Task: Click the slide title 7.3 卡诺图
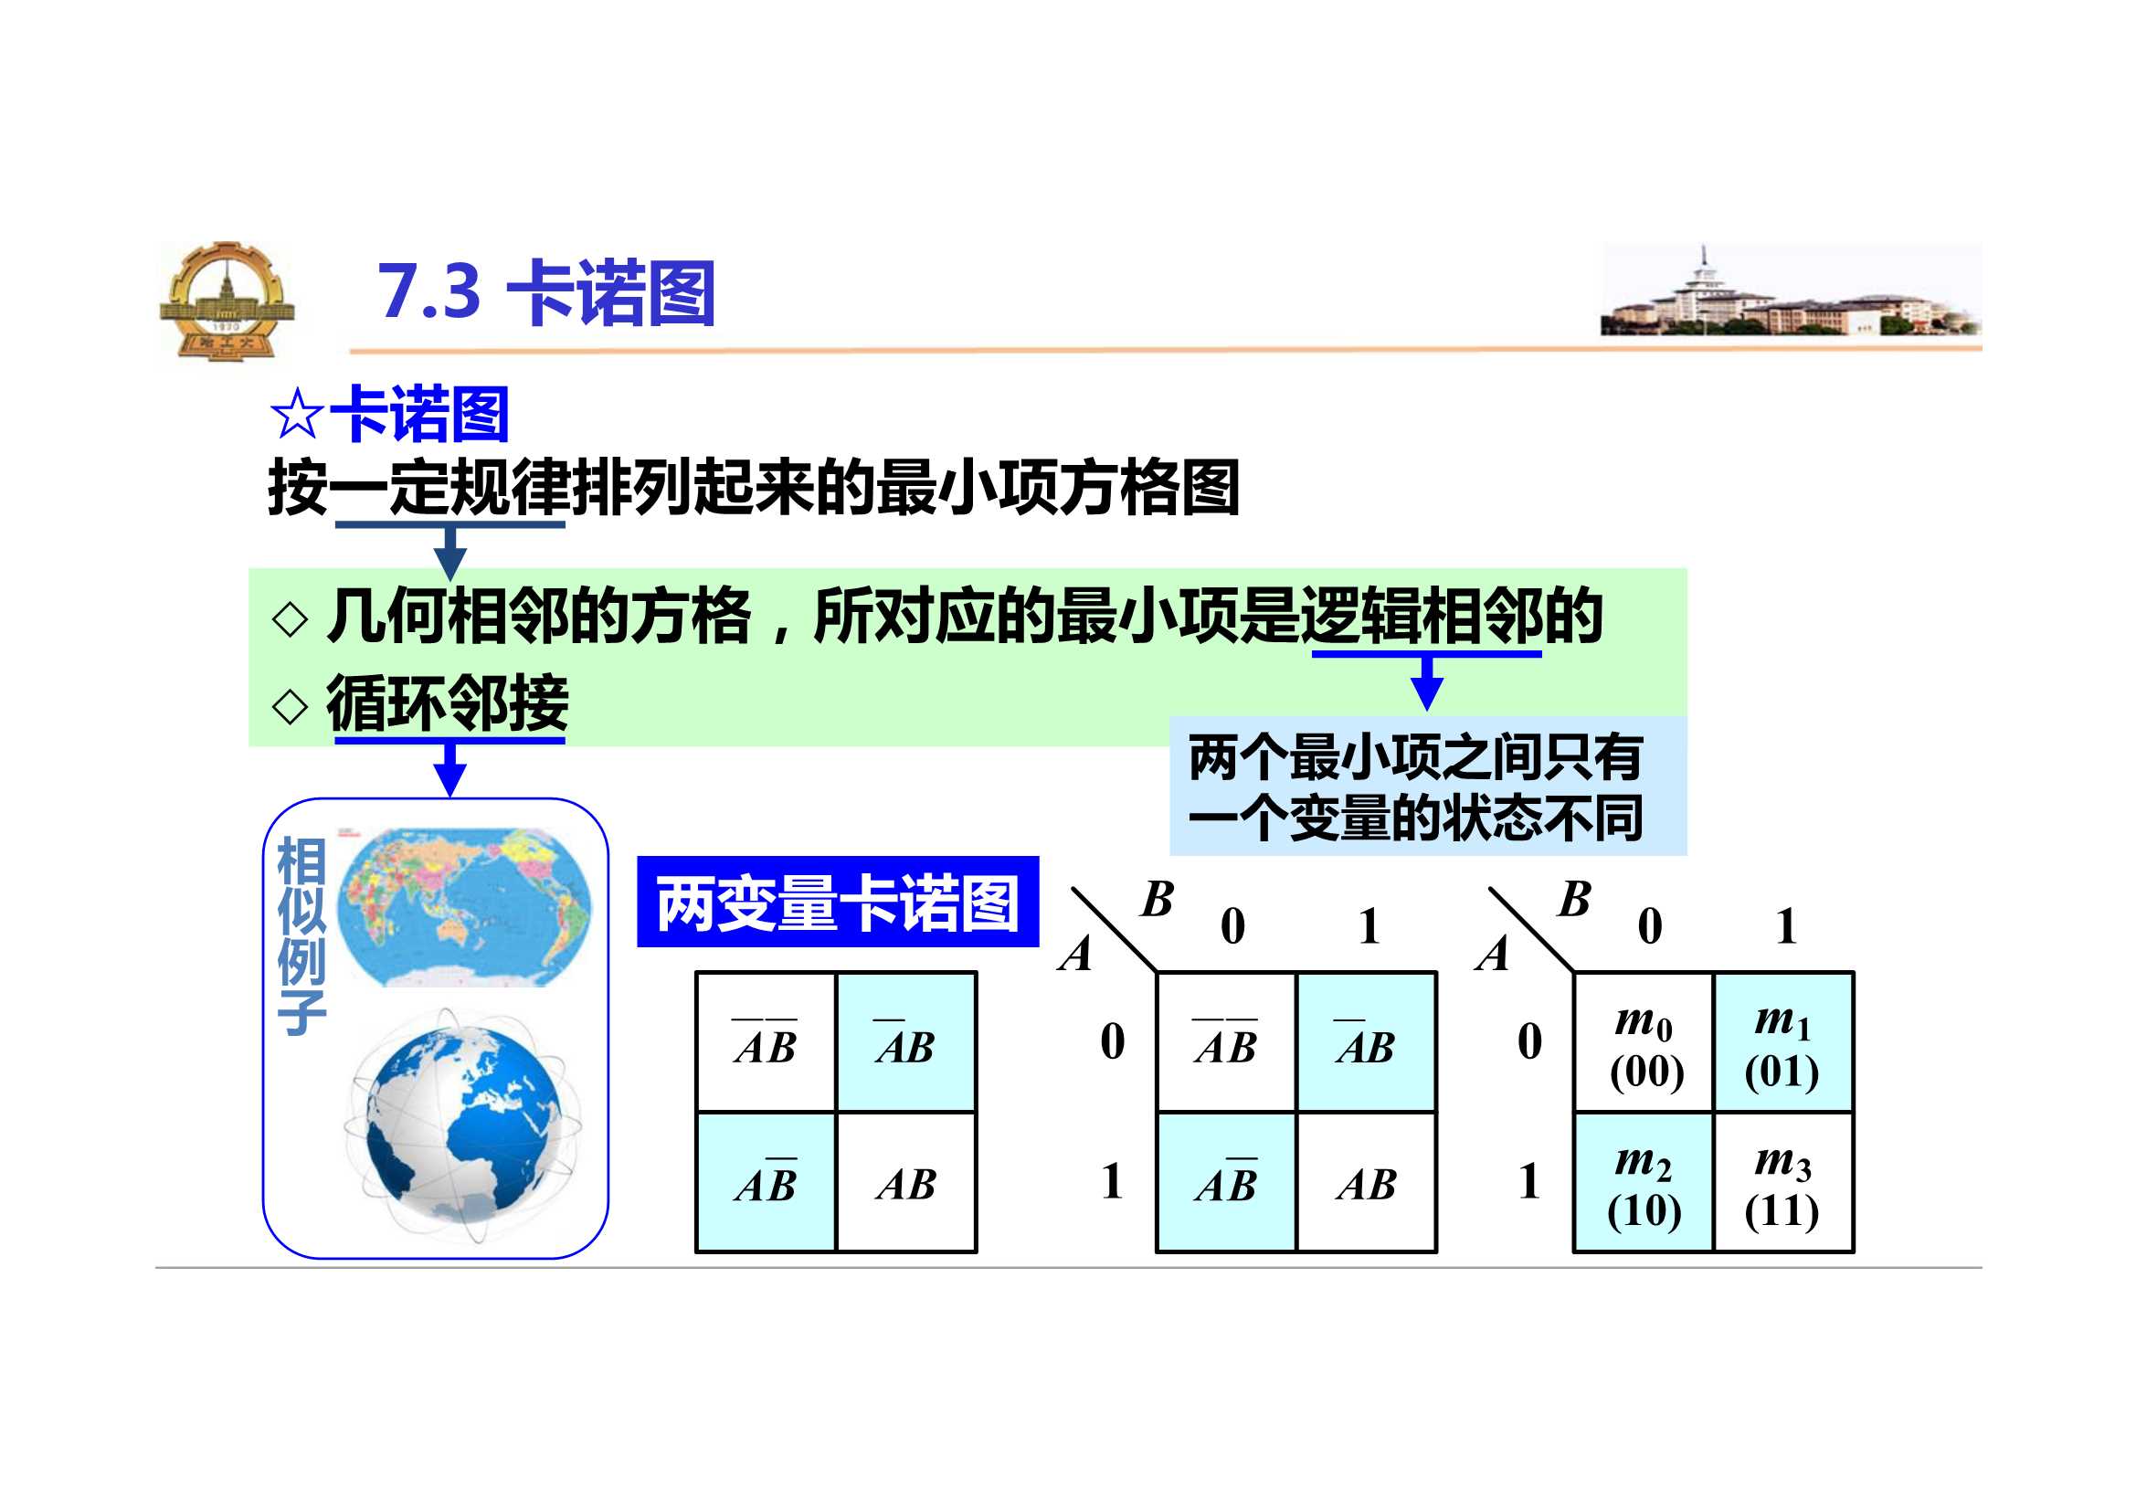click(546, 293)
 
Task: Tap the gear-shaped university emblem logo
click(226, 301)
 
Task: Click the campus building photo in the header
click(1790, 290)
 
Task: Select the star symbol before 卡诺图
click(297, 415)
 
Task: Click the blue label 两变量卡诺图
click(837, 902)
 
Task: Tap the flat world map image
click(463, 906)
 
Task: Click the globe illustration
click(462, 1125)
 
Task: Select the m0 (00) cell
click(1644, 1042)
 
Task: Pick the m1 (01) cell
click(1783, 1042)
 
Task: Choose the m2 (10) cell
click(1644, 1182)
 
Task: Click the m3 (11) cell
click(1783, 1182)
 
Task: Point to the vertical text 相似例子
click(301, 935)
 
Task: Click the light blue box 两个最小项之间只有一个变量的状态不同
click(1428, 787)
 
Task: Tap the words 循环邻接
click(448, 703)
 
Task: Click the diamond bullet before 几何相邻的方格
click(291, 618)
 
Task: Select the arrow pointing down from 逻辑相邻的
click(1427, 682)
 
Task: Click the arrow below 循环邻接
click(450, 768)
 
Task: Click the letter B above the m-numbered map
click(1575, 899)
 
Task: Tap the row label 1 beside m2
click(1529, 1181)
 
